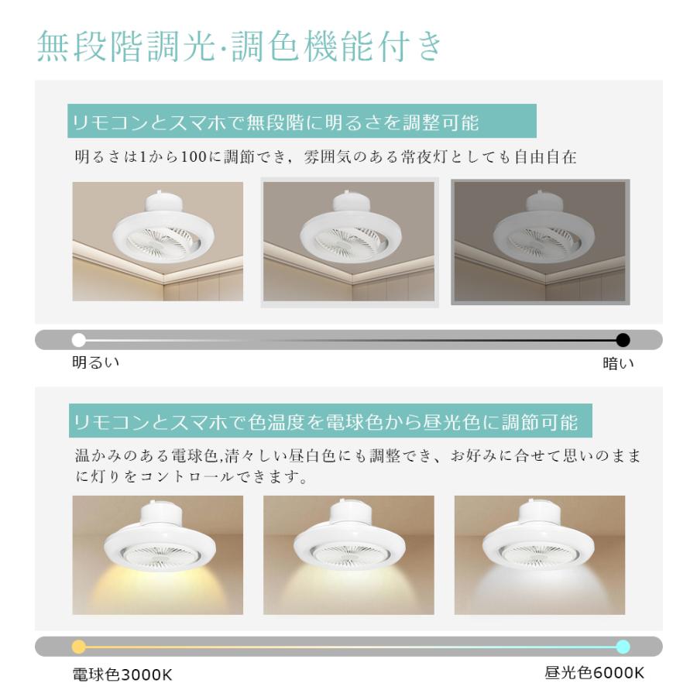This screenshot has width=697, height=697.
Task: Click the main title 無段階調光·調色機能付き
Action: [x=241, y=47]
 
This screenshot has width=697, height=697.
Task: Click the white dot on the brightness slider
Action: [x=78, y=340]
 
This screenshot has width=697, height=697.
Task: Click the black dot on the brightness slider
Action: [x=623, y=340]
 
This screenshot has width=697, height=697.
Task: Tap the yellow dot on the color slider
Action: [x=78, y=647]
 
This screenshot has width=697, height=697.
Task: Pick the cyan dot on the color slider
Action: [x=623, y=647]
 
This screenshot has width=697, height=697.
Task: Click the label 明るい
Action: [x=96, y=362]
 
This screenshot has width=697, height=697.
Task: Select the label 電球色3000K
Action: [x=122, y=675]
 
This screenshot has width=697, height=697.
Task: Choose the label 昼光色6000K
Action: [x=594, y=673]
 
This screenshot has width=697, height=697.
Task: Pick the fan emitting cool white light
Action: [x=540, y=544]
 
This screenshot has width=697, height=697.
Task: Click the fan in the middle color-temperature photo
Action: [x=349, y=544]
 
